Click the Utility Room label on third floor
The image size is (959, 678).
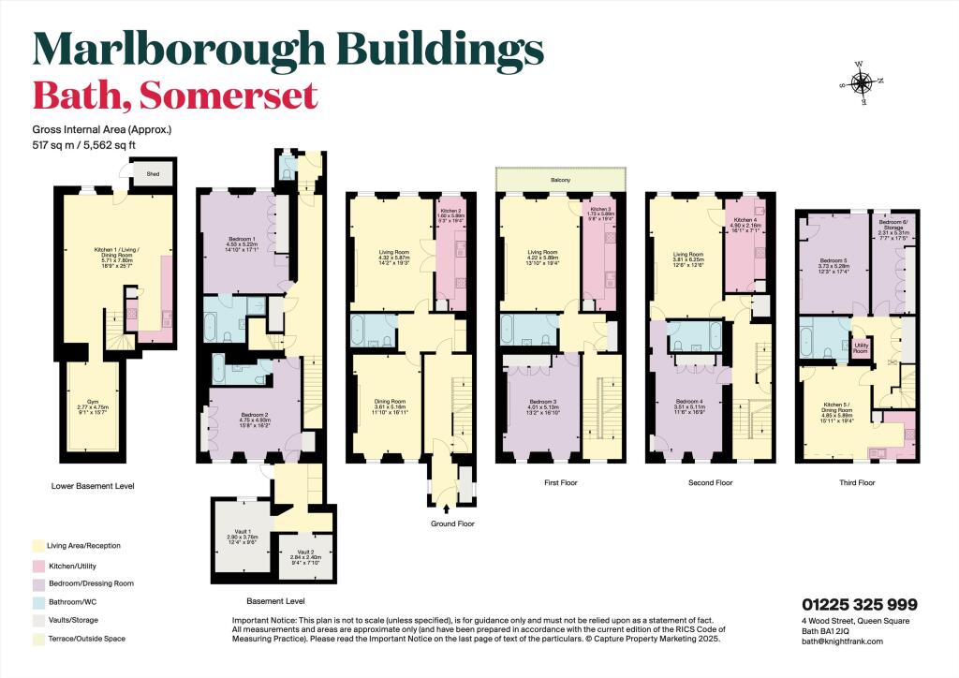click(858, 348)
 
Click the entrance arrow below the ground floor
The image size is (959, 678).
click(446, 509)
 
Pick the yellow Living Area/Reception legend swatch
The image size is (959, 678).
click(37, 545)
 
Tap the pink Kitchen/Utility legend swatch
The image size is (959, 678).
click(37, 566)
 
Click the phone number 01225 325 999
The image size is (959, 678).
click(859, 604)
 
